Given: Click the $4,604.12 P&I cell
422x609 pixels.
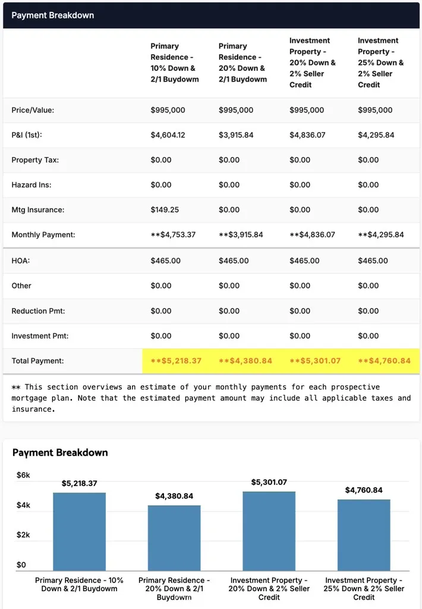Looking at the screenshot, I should tap(168, 135).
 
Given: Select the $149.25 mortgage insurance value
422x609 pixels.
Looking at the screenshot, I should tap(165, 210).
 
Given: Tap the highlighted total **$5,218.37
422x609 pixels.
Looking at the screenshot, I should tap(176, 361).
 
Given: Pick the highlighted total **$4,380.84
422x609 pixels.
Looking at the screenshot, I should tap(245, 361).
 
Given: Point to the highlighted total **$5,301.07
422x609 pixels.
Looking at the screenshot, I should tap(315, 361).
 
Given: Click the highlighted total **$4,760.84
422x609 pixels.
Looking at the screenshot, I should tap(384, 361).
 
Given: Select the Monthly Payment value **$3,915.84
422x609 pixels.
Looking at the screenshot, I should tap(241, 235).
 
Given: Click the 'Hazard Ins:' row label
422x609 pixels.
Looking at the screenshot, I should tap(31, 185).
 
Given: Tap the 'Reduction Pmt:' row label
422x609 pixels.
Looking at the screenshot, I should tap(38, 311).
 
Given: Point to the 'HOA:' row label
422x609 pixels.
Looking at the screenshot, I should tap(20, 260).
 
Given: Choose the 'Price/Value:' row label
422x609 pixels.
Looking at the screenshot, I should tap(33, 110).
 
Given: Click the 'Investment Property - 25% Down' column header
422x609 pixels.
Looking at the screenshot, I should tap(380, 62).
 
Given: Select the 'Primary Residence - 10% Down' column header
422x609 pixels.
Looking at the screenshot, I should tap(174, 62).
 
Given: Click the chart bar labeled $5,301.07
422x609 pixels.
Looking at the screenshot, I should tap(269, 531).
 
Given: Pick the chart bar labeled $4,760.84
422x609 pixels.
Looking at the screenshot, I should tap(364, 535).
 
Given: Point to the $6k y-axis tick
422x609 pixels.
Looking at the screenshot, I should tap(23, 475).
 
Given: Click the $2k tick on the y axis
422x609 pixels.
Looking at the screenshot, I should tap(23, 535).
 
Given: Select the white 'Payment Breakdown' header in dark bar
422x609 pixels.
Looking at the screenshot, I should tap(53, 15).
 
